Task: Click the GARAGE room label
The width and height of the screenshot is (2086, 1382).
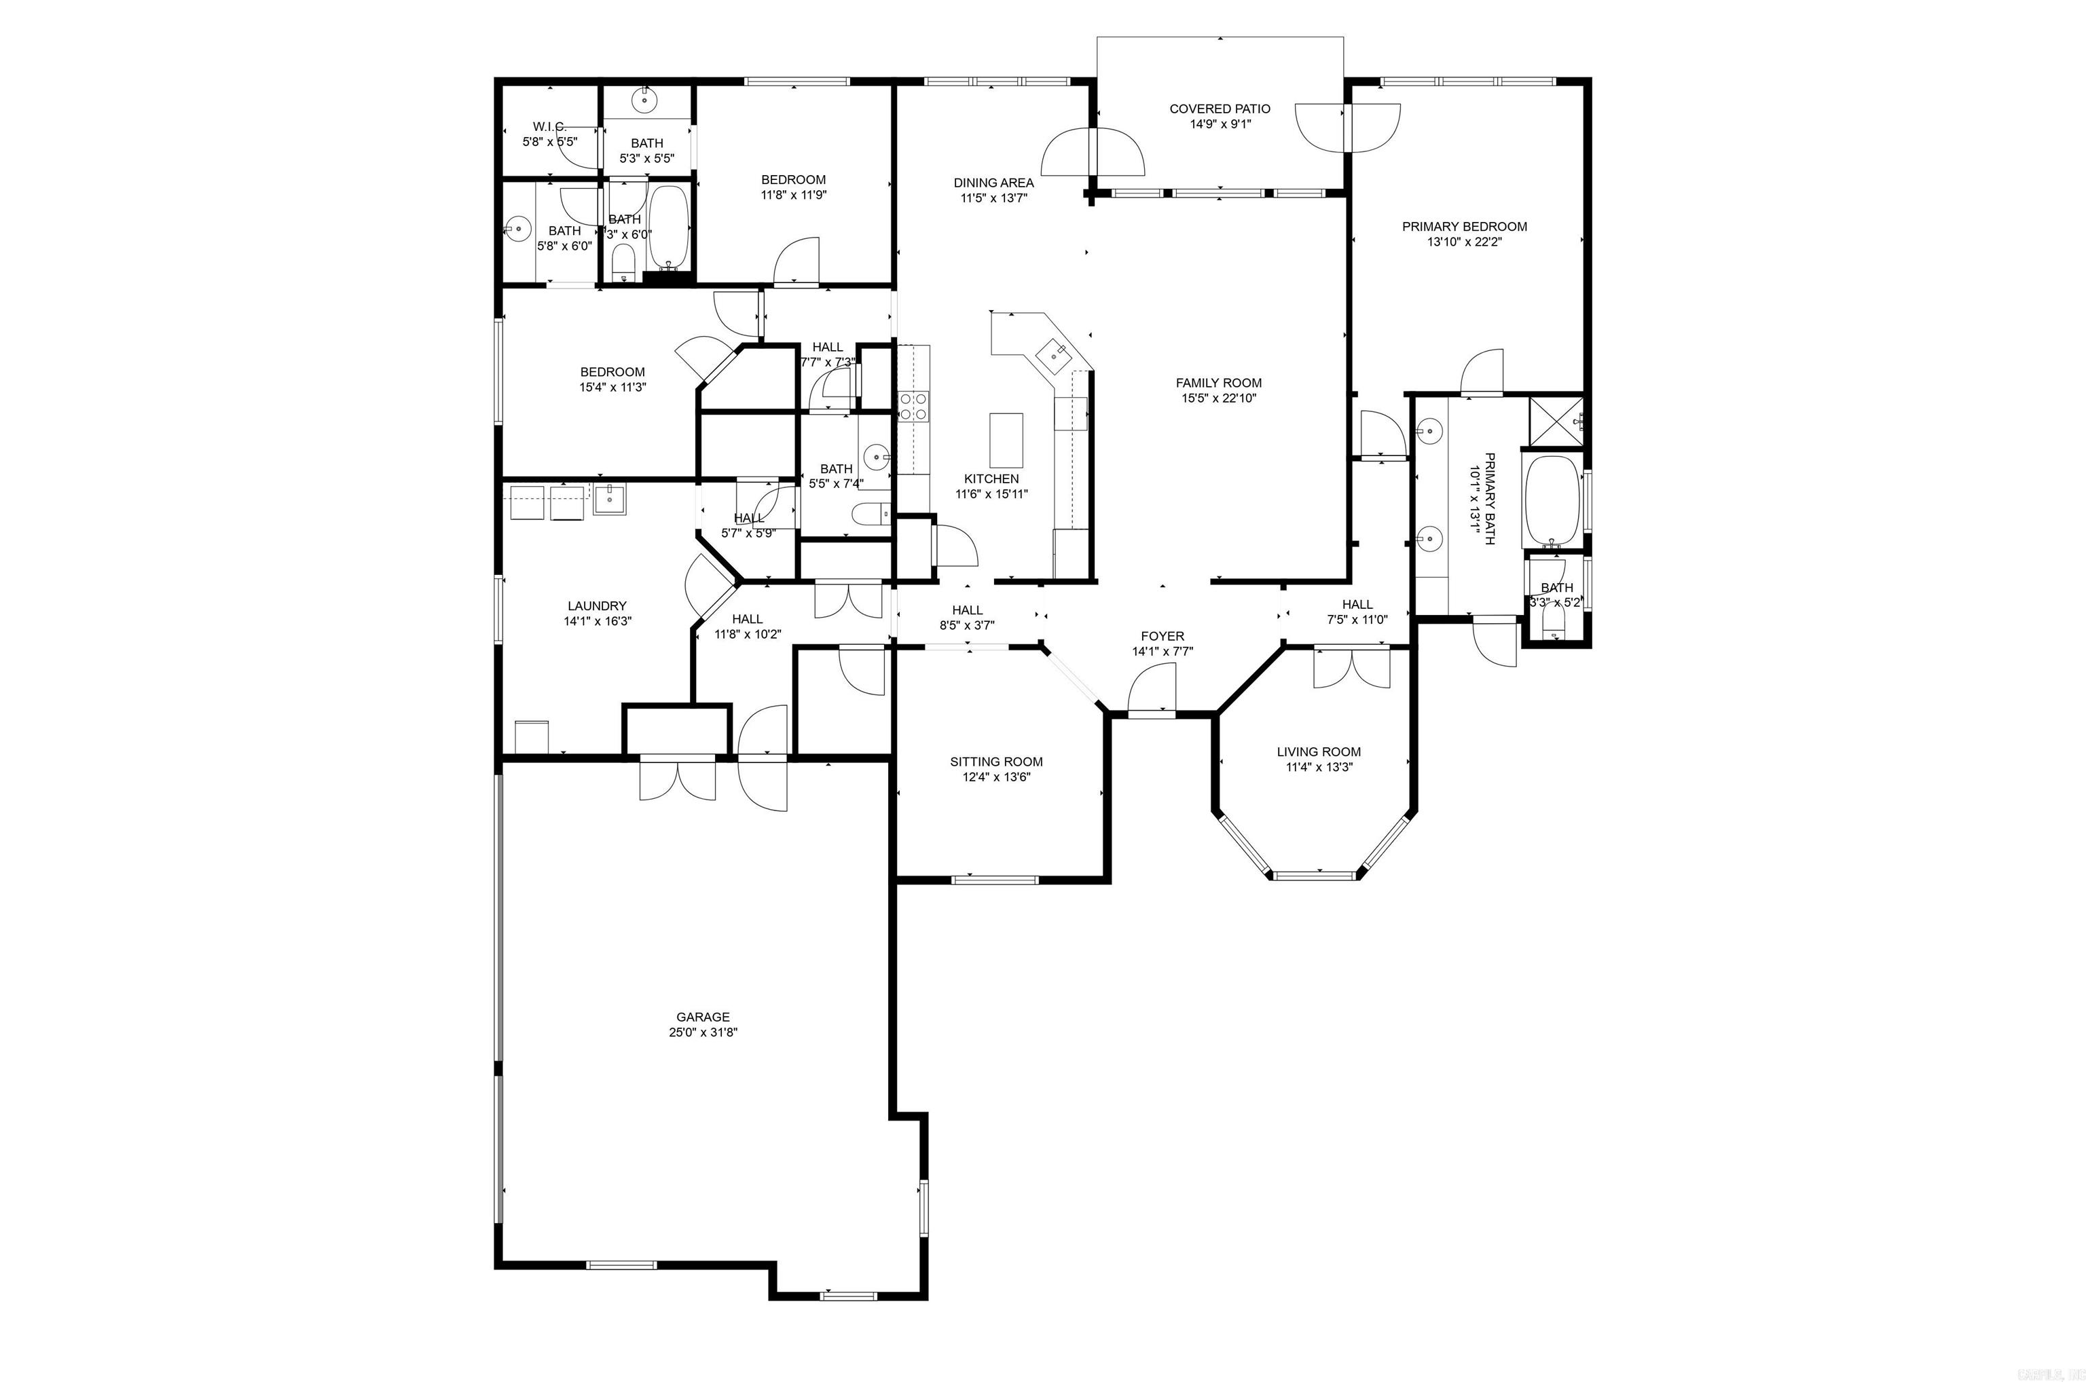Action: click(x=703, y=1016)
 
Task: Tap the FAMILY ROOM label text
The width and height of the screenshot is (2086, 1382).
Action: click(x=1218, y=383)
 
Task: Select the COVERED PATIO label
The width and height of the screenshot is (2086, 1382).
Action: click(x=1220, y=109)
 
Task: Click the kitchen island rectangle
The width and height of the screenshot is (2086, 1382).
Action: click(x=1006, y=440)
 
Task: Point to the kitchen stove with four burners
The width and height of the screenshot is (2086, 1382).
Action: click(x=913, y=407)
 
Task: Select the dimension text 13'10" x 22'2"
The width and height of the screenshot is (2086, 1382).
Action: click(x=1465, y=242)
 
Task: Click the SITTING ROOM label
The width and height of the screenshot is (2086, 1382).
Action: click(x=996, y=762)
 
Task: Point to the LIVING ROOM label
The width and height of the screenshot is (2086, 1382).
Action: click(x=1318, y=752)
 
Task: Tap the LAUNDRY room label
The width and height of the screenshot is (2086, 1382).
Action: click(x=597, y=605)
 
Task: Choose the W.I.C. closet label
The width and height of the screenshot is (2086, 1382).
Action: click(x=549, y=126)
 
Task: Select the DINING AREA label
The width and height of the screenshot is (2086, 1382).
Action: click(x=993, y=183)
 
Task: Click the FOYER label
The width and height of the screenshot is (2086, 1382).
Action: click(x=1162, y=635)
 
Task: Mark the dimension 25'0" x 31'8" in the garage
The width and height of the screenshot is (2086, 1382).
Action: click(x=703, y=1032)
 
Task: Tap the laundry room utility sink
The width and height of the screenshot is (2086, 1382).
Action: click(x=609, y=500)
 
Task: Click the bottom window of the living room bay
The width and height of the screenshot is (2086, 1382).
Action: click(x=1315, y=875)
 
